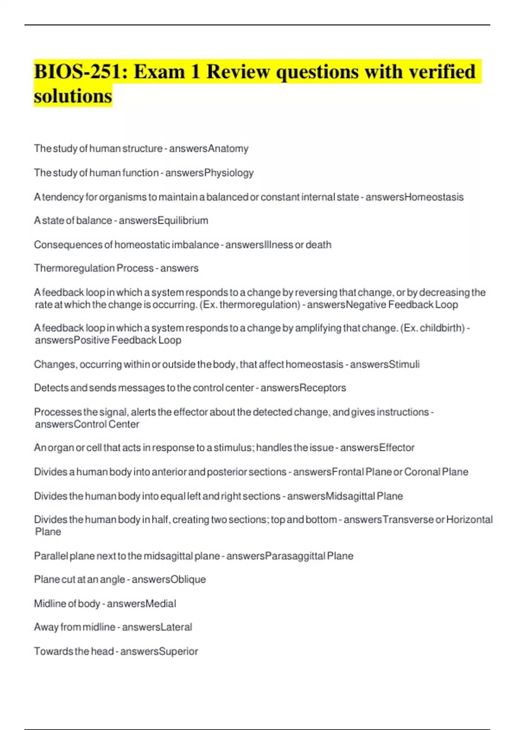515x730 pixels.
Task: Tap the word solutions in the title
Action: (73, 96)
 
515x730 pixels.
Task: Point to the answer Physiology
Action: (229, 173)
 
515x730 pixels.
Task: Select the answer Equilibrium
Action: (183, 220)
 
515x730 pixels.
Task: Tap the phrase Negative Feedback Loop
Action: (402, 304)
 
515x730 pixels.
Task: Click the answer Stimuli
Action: (404, 364)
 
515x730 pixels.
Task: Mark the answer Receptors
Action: (323, 388)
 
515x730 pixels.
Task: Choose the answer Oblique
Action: (188, 579)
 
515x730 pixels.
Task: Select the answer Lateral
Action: (176, 627)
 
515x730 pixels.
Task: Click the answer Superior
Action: (178, 651)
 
